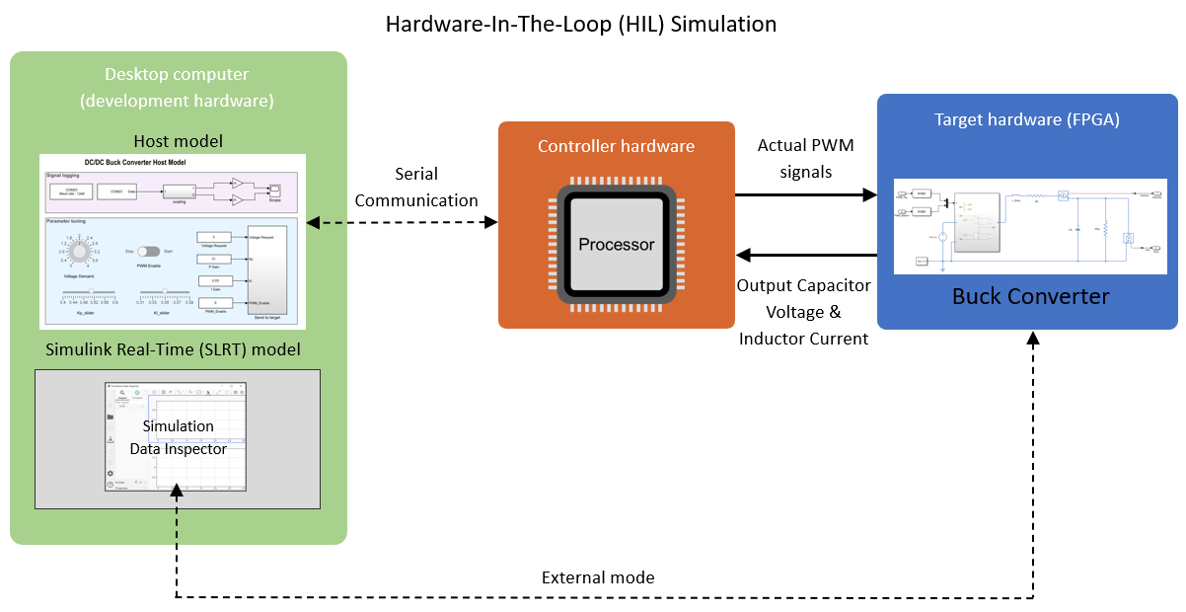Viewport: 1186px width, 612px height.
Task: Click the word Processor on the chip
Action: click(616, 244)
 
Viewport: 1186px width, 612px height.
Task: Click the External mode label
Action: click(598, 577)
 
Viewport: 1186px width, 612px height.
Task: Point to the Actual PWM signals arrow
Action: click(805, 195)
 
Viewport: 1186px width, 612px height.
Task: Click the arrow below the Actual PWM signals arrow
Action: click(805, 256)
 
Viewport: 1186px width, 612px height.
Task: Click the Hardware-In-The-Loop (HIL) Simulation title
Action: click(581, 24)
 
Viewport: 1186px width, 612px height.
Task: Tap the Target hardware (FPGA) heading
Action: click(1027, 119)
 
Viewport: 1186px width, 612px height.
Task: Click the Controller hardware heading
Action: click(616, 146)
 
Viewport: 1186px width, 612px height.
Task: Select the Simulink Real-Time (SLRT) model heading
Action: click(173, 349)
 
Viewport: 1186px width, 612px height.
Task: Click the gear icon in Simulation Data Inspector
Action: click(111, 473)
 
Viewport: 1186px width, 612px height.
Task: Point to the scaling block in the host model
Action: click(180, 191)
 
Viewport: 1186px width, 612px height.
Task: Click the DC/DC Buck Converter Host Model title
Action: click(136, 162)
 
